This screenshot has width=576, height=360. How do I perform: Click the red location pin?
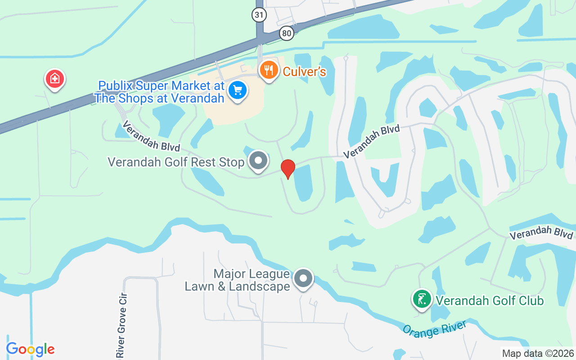pos(288,169)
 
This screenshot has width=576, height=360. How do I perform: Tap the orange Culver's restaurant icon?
pos(269,71)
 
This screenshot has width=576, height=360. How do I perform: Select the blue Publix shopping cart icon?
pos(237,90)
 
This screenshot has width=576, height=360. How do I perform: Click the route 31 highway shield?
pos(259,15)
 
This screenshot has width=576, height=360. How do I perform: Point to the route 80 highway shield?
pos(286,33)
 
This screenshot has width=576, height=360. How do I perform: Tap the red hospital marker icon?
pos(55,79)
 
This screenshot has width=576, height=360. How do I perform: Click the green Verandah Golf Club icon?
pos(422,299)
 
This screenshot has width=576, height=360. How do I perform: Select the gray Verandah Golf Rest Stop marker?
pos(258,161)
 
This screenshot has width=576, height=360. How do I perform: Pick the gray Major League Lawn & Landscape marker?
pos(303,279)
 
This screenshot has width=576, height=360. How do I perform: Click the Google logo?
pos(30,349)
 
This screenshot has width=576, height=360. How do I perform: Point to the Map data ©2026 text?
pos(538,353)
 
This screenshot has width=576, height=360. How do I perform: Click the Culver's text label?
pos(304,72)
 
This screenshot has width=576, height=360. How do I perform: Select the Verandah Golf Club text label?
pos(490,300)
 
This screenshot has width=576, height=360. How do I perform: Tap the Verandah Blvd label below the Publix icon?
pos(151,136)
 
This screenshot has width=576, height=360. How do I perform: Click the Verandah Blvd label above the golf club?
pos(542,233)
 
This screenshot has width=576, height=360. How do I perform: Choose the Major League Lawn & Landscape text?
pos(238,280)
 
